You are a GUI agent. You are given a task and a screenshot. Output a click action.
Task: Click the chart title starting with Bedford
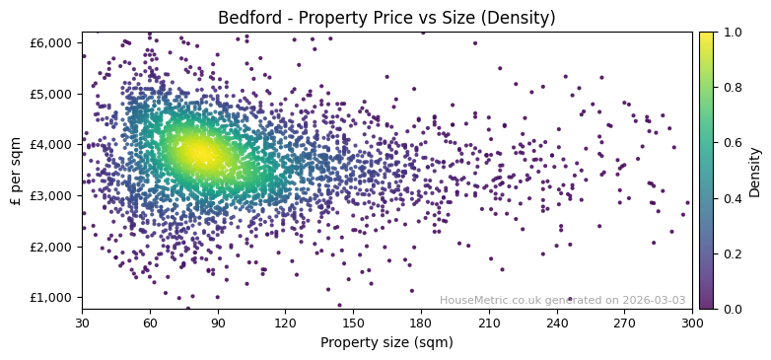(x=386, y=18)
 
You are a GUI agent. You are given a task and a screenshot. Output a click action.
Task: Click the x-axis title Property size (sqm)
(x=386, y=342)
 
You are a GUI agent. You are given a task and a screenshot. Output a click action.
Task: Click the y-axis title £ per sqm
(x=16, y=170)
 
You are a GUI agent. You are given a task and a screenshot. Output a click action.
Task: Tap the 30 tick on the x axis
(x=82, y=322)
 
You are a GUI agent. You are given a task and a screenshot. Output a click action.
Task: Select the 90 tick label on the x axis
(x=218, y=322)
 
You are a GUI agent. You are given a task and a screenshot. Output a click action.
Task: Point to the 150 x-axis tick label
(x=353, y=322)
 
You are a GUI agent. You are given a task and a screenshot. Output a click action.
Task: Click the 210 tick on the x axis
(x=489, y=322)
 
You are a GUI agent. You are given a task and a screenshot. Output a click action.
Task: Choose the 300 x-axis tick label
(x=692, y=322)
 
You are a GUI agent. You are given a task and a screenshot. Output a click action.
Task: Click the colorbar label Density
(x=754, y=171)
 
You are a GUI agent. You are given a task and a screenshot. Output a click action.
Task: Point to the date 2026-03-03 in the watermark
(x=653, y=300)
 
